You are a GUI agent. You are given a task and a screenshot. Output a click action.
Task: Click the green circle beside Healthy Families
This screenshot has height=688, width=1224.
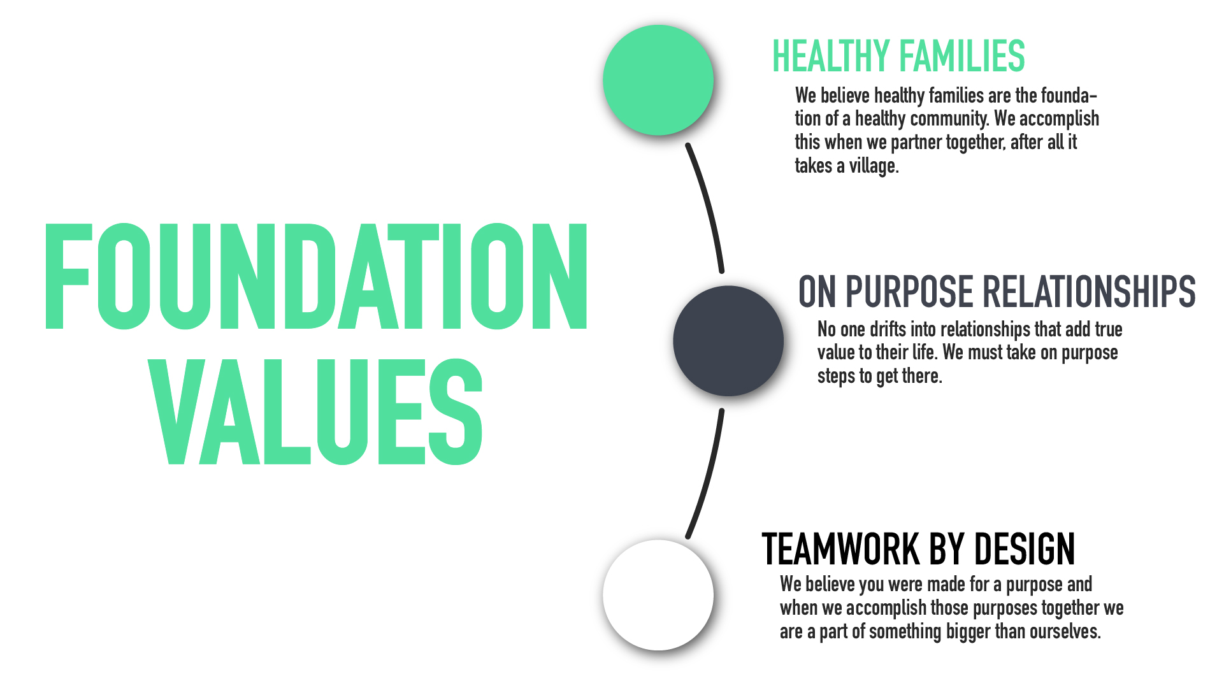pyautogui.click(x=658, y=80)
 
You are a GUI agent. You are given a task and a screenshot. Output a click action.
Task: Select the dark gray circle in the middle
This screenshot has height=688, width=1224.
pyautogui.click(x=728, y=341)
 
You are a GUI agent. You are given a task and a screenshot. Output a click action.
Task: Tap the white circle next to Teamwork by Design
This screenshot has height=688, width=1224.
pyautogui.click(x=658, y=595)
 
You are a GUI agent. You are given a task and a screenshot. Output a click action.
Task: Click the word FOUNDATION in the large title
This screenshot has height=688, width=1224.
pyautogui.click(x=316, y=276)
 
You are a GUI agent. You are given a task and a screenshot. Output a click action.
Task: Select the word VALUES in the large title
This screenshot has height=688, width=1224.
pyautogui.click(x=315, y=412)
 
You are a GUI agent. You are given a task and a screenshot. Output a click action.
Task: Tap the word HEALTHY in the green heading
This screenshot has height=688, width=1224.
pyautogui.click(x=831, y=56)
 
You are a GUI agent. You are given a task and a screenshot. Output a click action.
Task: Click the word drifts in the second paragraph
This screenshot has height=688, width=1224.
pyautogui.click(x=888, y=329)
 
